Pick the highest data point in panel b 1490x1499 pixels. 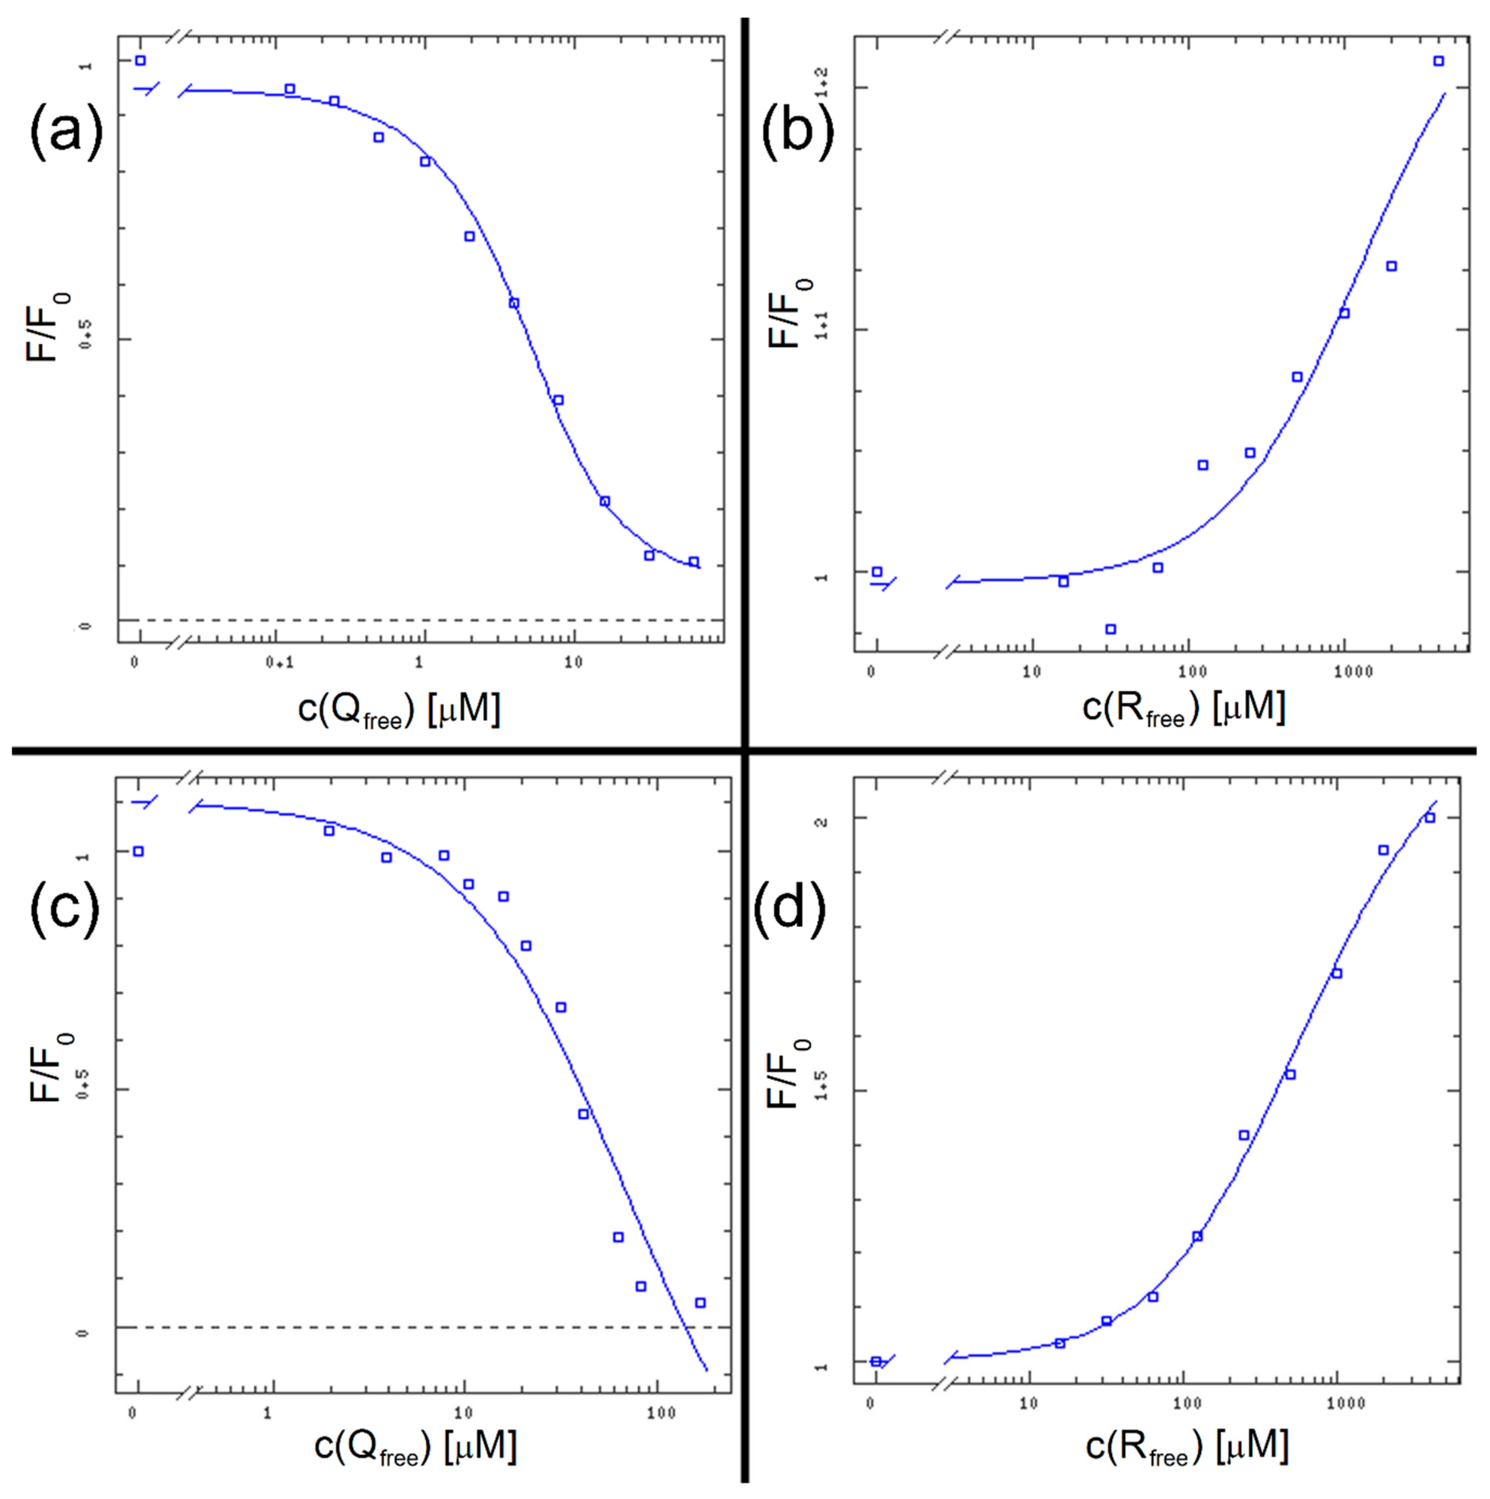pyautogui.click(x=1438, y=61)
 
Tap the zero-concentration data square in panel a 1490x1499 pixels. pyautogui.click(x=140, y=61)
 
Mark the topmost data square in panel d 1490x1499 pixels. pyautogui.click(x=1429, y=818)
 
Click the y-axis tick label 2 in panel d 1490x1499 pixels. pyautogui.click(x=824, y=820)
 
